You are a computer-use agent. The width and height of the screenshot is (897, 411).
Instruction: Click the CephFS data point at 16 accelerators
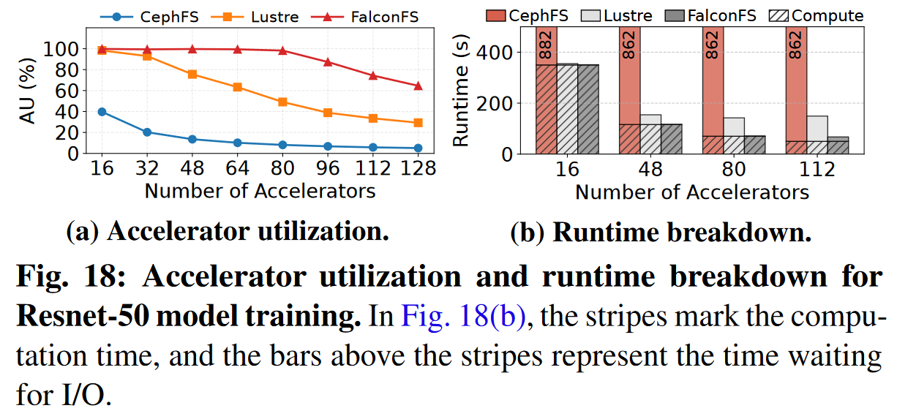(102, 112)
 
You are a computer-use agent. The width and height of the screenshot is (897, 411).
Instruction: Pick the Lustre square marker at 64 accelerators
(237, 87)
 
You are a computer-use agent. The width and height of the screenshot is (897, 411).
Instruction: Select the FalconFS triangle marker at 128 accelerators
(417, 86)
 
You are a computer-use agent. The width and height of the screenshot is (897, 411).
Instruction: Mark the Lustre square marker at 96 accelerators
(327, 113)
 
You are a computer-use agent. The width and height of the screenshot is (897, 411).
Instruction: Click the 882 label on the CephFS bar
(546, 45)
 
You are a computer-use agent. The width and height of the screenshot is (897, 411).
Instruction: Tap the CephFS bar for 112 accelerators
(797, 88)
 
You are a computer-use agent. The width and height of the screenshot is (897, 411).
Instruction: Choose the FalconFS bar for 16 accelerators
(588, 109)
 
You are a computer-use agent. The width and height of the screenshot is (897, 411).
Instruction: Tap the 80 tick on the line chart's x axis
(282, 169)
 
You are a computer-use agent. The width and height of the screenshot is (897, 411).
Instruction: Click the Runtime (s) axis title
(462, 92)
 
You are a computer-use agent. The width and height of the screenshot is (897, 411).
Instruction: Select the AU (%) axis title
(27, 92)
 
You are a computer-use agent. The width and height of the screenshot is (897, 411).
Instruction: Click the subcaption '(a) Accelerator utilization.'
(226, 232)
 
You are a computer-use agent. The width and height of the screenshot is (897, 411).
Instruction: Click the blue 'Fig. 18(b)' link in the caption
(462, 318)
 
